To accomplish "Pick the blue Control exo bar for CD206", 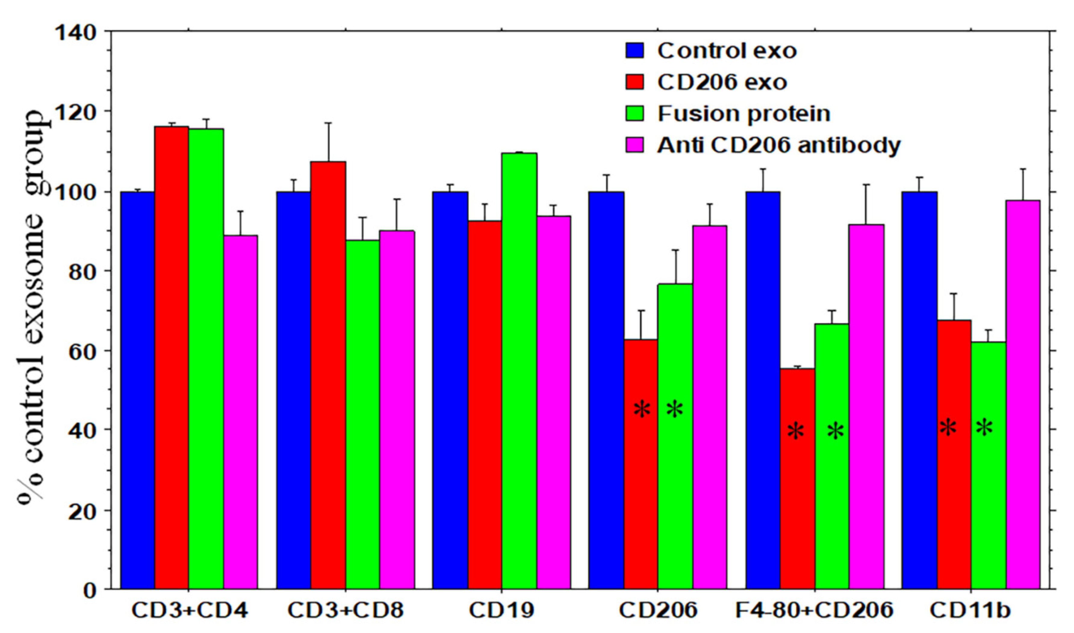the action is (606, 390).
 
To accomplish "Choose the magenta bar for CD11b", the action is (1023, 395).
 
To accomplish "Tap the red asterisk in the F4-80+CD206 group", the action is (796, 432).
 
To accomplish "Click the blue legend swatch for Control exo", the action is (635, 50).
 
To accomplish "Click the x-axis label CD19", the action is (501, 611).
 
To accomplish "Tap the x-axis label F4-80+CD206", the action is (814, 611).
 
